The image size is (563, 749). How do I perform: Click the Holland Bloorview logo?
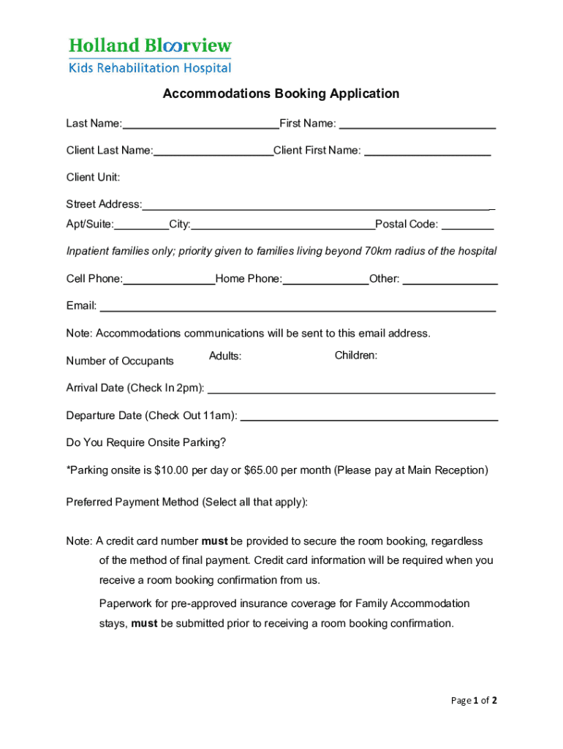(150, 56)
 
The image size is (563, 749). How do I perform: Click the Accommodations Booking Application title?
(281, 94)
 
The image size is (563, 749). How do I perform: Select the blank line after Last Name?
(200, 124)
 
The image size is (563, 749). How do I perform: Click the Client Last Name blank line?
(213, 151)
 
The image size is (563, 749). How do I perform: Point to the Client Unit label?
(93, 177)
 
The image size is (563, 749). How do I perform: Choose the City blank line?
(283, 225)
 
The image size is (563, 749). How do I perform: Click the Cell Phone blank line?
(169, 279)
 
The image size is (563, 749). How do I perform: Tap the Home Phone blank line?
(325, 279)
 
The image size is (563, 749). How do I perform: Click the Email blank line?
(298, 306)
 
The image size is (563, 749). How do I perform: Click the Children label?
(356, 355)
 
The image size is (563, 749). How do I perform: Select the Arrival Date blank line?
(352, 388)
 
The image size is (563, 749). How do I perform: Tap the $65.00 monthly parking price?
(261, 470)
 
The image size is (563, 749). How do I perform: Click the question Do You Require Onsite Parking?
(146, 443)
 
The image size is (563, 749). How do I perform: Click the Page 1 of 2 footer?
(474, 701)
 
